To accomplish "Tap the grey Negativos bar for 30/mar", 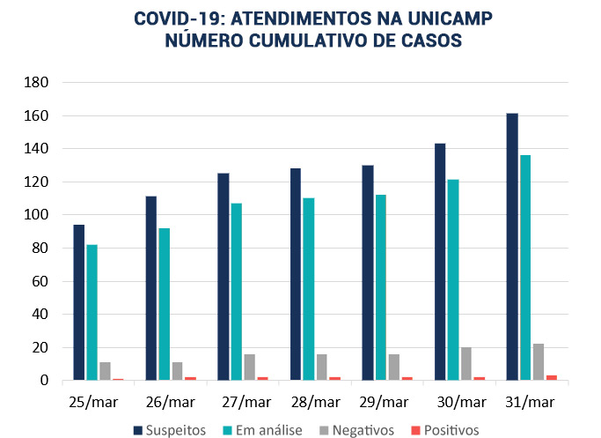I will tap(466, 363).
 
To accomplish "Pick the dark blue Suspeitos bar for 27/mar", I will tap(224, 277).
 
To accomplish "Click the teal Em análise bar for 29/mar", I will tap(381, 287).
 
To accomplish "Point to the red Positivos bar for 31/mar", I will tap(551, 377).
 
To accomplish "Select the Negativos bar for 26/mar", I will tap(177, 371).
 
